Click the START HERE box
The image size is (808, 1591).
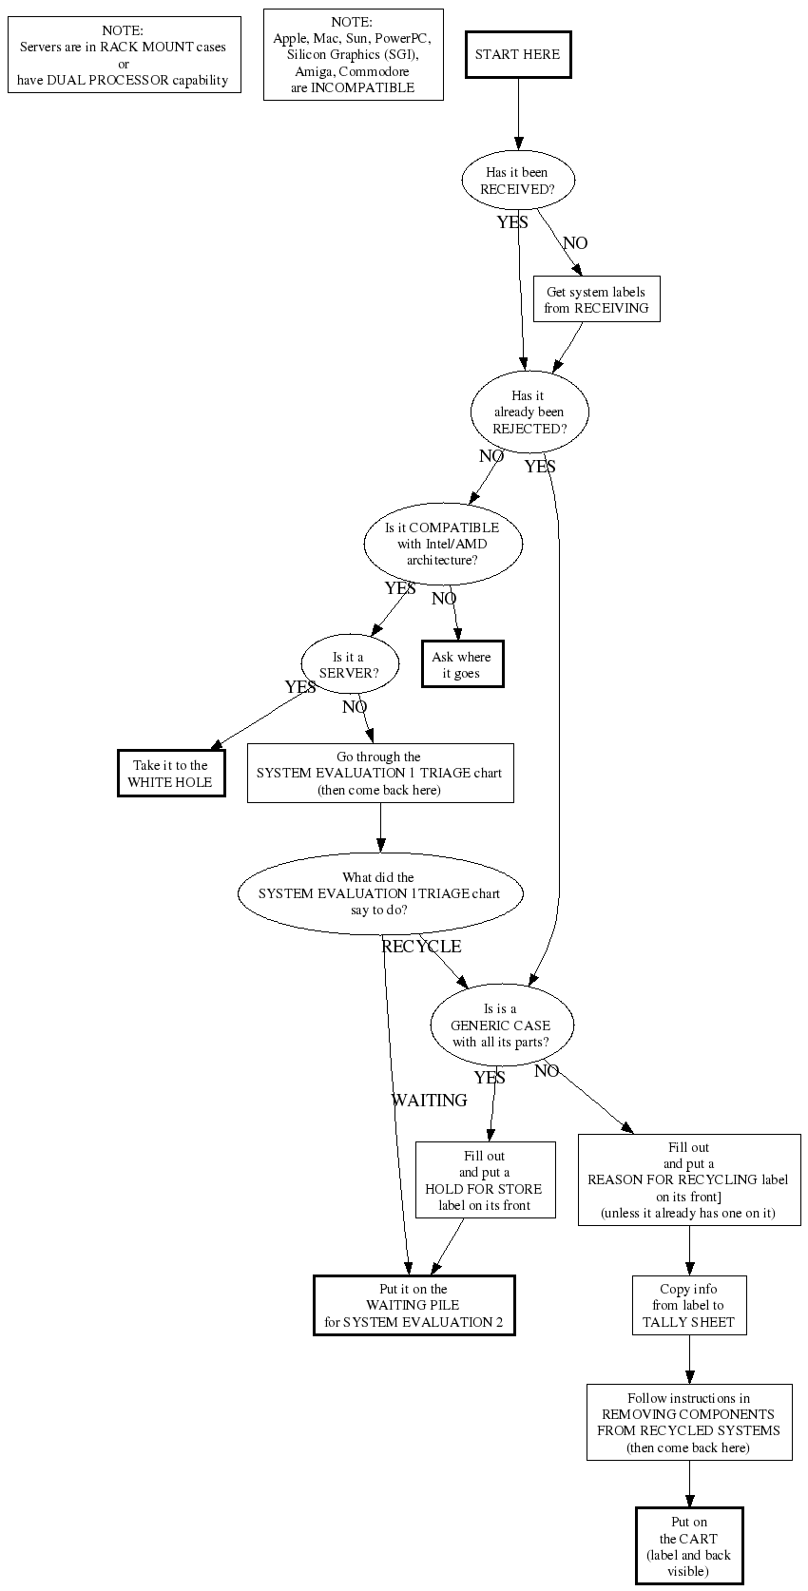(518, 55)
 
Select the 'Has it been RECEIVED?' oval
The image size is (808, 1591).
(518, 181)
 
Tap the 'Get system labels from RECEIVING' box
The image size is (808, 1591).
(596, 299)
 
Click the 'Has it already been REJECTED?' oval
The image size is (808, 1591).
(529, 412)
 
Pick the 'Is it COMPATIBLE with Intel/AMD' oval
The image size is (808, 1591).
(442, 544)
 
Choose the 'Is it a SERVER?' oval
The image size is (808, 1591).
(348, 665)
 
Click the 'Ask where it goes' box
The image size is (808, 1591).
(462, 664)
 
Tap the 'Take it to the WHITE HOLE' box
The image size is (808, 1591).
(171, 774)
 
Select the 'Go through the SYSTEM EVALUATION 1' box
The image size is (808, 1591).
(380, 774)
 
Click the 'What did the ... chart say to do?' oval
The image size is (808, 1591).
(379, 893)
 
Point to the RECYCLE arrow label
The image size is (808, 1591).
(421, 947)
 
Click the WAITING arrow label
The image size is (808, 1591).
(430, 1101)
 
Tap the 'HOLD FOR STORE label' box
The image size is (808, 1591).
(485, 1180)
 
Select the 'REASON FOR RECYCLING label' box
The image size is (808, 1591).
(689, 1180)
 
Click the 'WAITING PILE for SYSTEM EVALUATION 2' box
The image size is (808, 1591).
(414, 1306)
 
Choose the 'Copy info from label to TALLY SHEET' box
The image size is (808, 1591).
(688, 1306)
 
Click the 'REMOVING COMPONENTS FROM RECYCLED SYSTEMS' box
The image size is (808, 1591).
(688, 1423)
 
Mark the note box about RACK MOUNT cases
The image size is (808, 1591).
(124, 55)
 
